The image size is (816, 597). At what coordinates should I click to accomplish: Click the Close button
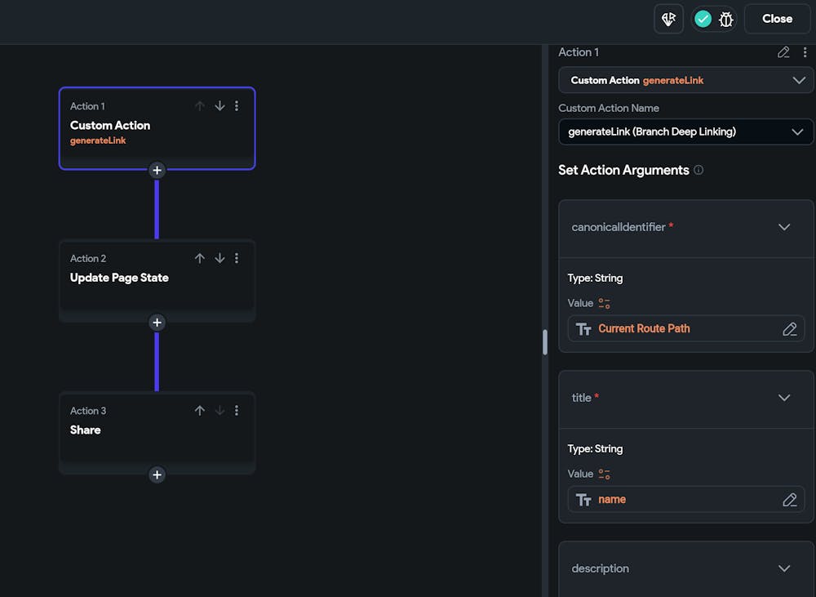point(777,19)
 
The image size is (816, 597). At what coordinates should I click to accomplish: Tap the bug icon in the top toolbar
point(725,19)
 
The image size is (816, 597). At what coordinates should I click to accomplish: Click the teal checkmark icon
point(703,19)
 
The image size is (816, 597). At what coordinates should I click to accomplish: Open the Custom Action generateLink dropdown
point(685,80)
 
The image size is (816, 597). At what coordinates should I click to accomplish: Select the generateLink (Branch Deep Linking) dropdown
point(685,131)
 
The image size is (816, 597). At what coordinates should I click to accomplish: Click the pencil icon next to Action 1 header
point(783,52)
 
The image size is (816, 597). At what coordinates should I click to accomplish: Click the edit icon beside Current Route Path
point(789,328)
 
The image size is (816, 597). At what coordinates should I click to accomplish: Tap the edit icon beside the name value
point(789,499)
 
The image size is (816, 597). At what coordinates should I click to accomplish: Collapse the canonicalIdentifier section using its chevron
point(784,227)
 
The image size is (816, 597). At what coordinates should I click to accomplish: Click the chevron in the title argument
point(784,398)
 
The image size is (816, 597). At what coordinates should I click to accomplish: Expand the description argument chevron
point(784,568)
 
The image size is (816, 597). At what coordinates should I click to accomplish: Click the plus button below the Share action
point(157,474)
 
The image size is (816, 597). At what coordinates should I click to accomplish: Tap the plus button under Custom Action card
point(157,170)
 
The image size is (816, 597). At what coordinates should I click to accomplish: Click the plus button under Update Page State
point(157,323)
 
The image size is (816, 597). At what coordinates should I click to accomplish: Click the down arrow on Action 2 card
point(220,258)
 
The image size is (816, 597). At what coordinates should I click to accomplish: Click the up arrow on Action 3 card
point(200,411)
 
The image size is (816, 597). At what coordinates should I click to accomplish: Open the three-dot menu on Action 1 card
point(237,106)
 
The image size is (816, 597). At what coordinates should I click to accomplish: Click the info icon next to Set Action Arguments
point(698,170)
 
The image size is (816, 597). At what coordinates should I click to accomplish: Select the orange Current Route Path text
point(644,328)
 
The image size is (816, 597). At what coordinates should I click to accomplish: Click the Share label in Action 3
point(86,430)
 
